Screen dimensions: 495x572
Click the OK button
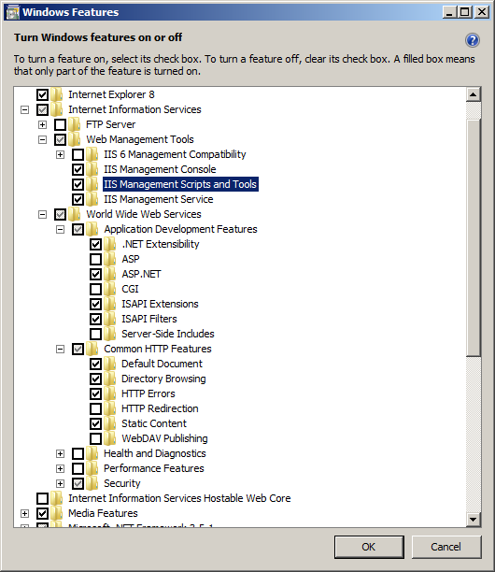369,547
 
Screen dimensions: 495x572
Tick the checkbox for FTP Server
60,124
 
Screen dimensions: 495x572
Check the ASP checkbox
95,260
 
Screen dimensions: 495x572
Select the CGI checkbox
95,290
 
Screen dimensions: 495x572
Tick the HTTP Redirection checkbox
95,409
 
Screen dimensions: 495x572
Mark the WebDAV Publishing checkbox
95,439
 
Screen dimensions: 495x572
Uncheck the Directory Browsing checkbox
95,379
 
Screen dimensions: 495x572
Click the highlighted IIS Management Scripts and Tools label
180,184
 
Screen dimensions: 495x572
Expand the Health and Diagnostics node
60,454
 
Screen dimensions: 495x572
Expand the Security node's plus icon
60,484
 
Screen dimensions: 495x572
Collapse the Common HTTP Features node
60,350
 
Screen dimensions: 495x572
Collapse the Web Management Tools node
43,139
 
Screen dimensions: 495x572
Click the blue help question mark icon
473,40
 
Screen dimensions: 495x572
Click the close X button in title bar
482,12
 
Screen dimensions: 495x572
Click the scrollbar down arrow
474,519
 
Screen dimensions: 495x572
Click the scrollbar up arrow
474,94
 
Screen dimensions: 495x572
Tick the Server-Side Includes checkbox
95,335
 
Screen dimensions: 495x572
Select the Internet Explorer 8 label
111,94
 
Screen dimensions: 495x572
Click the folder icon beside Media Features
56,513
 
